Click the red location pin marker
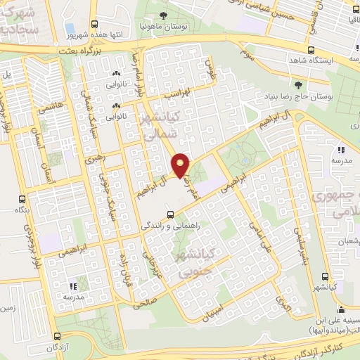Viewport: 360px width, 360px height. click(181, 165)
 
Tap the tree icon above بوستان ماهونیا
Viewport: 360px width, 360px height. click(164, 15)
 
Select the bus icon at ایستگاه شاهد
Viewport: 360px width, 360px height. click(311, 50)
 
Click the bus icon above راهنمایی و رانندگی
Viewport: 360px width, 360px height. click(169, 214)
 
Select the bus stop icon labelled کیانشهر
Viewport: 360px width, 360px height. click(324, 276)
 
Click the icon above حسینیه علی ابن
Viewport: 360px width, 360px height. click(341, 309)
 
